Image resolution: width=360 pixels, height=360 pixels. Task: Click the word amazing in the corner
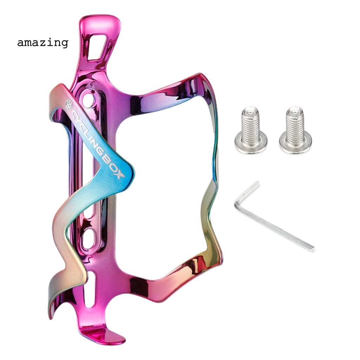tap(43, 43)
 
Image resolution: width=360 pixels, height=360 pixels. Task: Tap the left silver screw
tap(251, 130)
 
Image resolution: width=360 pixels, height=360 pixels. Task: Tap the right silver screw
tap(295, 130)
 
